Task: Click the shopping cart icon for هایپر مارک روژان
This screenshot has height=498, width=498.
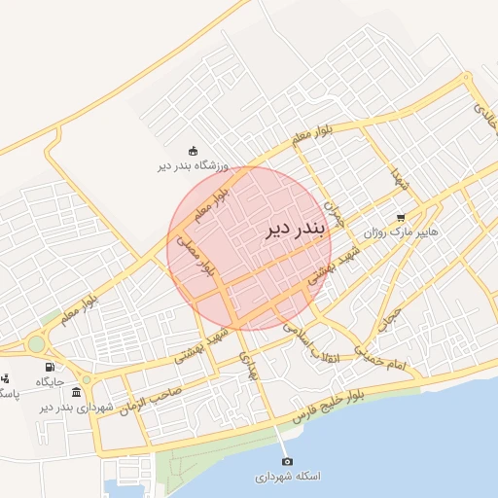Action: [401, 218]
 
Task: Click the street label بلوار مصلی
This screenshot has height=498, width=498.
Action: [198, 255]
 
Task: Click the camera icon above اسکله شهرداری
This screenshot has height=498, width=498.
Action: [286, 461]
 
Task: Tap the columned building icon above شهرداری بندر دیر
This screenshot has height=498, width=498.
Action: [77, 391]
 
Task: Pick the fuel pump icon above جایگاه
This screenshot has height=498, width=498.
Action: [50, 367]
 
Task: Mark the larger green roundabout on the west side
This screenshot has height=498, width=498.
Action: [36, 344]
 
